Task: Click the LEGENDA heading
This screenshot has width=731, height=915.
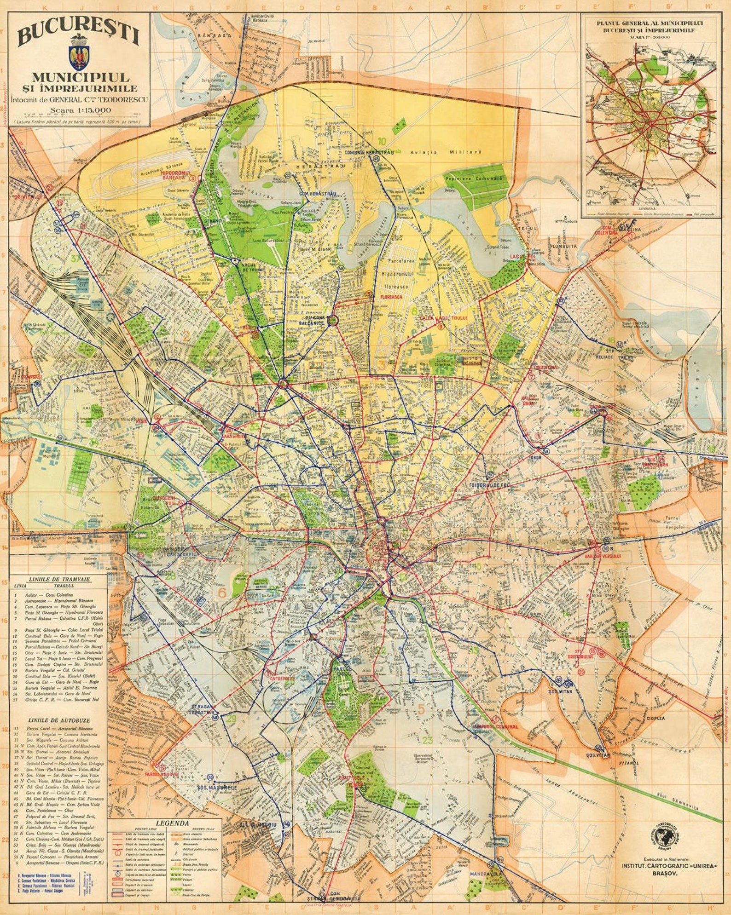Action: pos(172,823)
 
